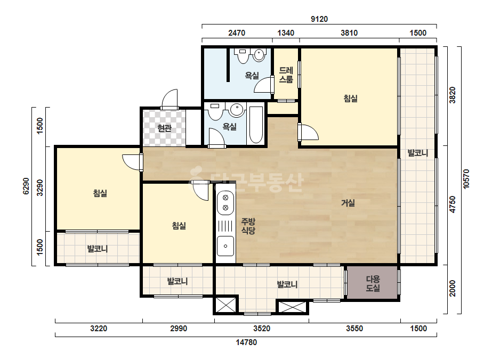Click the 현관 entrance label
point(164,128)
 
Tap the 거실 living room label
point(348,203)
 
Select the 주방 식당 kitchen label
point(248,226)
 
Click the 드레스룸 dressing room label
point(286,75)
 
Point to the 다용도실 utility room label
point(373,283)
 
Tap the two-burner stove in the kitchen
point(225,202)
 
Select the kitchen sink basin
point(225,246)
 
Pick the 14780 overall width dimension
point(246,342)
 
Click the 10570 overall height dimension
point(466,179)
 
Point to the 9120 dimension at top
point(319,19)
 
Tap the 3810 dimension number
point(349,33)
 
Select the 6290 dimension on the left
point(26,186)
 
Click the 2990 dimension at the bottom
point(179,329)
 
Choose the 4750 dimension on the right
point(453,204)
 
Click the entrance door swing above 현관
point(170,99)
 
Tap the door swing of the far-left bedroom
point(131,162)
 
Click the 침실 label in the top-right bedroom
point(351,99)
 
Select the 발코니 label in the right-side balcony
point(417,153)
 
